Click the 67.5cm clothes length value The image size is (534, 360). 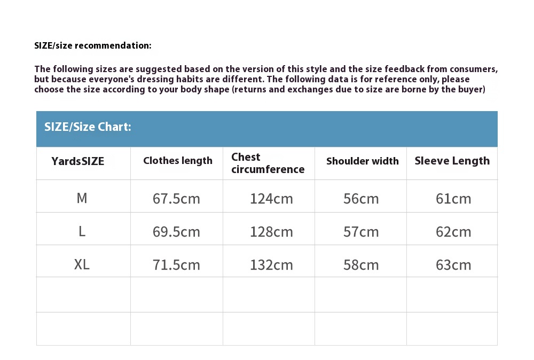pyautogui.click(x=176, y=199)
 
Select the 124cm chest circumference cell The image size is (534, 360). pyautogui.click(x=271, y=199)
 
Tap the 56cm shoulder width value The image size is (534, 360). pyautogui.click(x=361, y=199)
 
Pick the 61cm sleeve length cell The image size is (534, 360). pyautogui.click(x=453, y=199)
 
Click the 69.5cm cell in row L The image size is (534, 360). pyautogui.click(x=176, y=232)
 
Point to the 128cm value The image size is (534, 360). pyautogui.click(x=271, y=232)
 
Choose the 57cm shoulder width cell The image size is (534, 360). pyautogui.click(x=361, y=232)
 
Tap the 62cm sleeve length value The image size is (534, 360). pyautogui.click(x=453, y=232)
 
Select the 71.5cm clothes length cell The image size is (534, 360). pyautogui.click(x=176, y=265)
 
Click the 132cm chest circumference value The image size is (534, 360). pyautogui.click(x=271, y=265)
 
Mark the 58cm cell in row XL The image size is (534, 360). pyautogui.click(x=361, y=265)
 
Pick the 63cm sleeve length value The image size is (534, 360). pyautogui.click(x=453, y=265)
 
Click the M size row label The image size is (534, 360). pyautogui.click(x=82, y=198)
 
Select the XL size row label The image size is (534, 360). pyautogui.click(x=82, y=264)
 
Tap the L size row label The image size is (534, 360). pyautogui.click(x=82, y=231)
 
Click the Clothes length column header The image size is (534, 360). pyautogui.click(x=178, y=161)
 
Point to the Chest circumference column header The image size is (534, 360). pyautogui.click(x=268, y=163)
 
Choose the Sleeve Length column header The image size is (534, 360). pyautogui.click(x=452, y=161)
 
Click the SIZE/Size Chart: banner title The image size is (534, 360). pyautogui.click(x=88, y=127)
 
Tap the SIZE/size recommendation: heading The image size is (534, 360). pyautogui.click(x=93, y=45)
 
